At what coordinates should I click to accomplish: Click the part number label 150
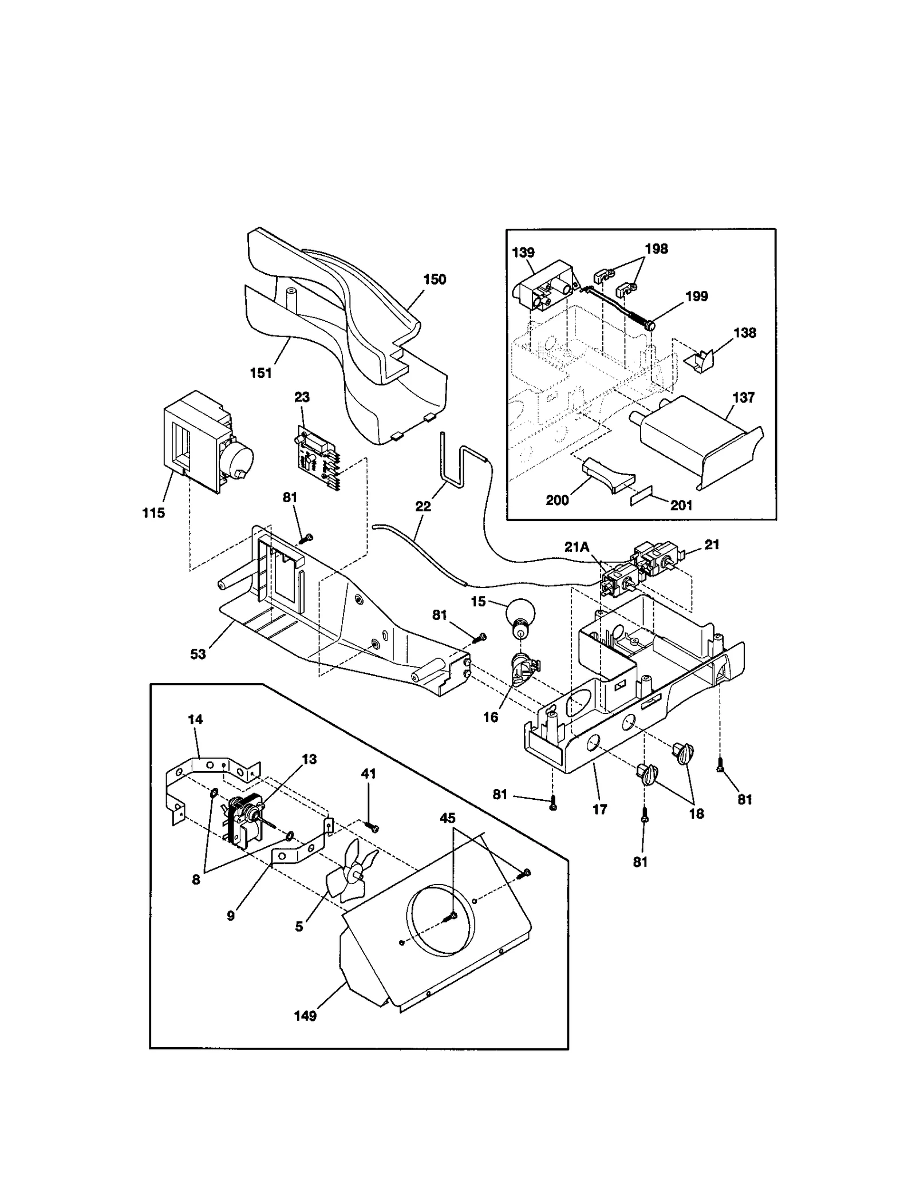tap(435, 279)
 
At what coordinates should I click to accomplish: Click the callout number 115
tap(153, 513)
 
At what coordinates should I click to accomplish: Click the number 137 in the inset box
tap(743, 397)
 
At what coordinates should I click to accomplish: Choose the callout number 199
tap(696, 297)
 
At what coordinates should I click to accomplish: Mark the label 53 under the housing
tap(198, 654)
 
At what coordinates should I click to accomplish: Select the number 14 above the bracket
tap(195, 720)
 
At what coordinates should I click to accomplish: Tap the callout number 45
tap(447, 818)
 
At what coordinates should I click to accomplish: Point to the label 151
tap(260, 373)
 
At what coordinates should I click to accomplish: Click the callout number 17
tap(599, 809)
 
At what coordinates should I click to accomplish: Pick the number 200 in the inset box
tap(557, 500)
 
